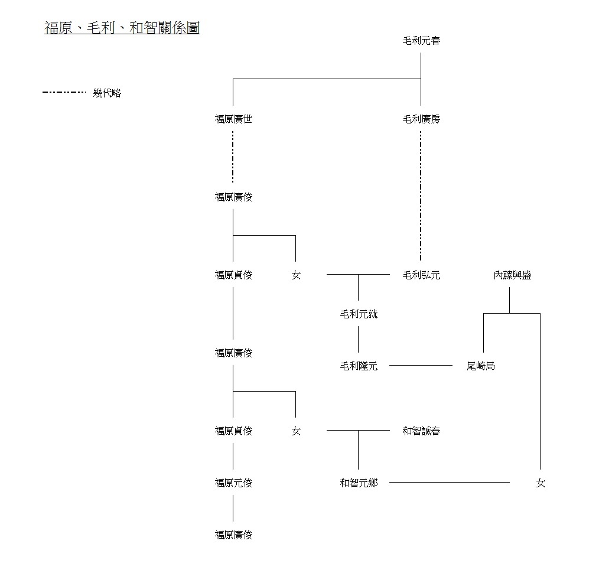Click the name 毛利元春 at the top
coord(421,41)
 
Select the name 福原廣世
coord(233,119)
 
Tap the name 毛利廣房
coord(421,119)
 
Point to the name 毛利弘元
coord(421,275)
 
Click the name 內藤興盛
coord(512,275)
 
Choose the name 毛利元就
coord(358,314)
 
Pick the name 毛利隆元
coord(358,366)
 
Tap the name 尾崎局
coord(480,366)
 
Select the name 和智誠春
coord(421,431)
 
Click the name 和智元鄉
coord(358,483)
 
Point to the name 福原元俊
coord(233,483)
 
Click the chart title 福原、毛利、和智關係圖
coord(122,28)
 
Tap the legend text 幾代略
coord(107,93)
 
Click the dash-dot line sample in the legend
coord(64,92)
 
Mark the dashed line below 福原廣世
coord(233,157)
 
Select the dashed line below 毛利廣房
coord(421,195)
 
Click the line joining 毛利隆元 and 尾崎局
coord(421,366)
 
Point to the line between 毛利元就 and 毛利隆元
coord(358,340)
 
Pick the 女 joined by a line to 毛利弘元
coord(295,275)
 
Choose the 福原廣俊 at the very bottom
coord(233,535)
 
